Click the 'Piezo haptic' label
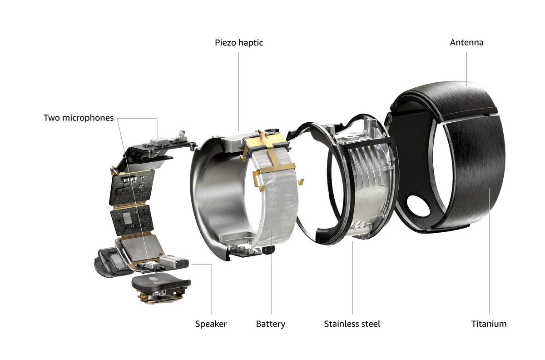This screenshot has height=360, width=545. pos(239,43)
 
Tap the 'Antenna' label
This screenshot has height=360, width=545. pos(466,43)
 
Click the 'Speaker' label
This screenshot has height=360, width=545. pos(211,324)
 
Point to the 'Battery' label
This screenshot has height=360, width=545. pos(271,324)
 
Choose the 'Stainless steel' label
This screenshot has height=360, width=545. pos(352,324)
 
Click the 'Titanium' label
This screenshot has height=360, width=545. pos(489,324)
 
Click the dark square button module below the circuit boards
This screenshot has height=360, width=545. pos(160,284)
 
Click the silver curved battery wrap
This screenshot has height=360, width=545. pos(272,205)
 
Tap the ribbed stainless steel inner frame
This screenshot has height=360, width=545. pos(363,182)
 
